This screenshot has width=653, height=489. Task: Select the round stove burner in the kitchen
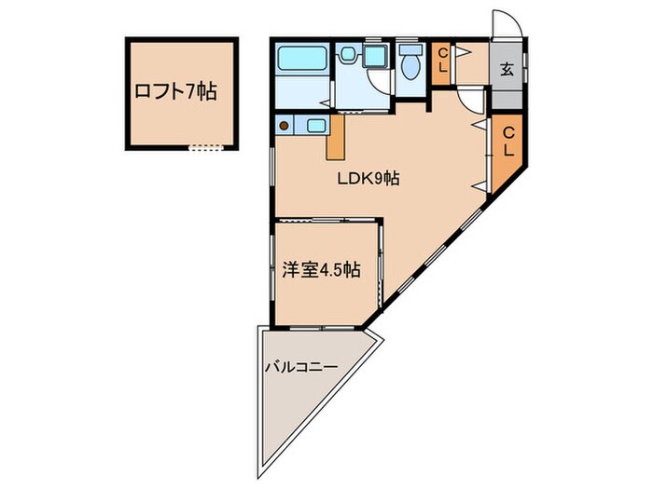284,124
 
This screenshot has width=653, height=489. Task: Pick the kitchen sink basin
315,124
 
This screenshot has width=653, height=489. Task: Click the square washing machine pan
374,57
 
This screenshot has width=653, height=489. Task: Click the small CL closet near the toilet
443,63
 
